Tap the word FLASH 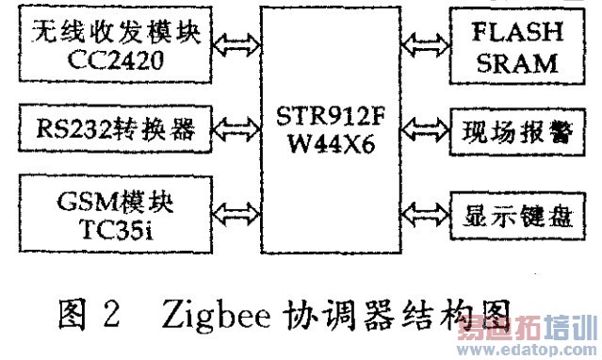pyautogui.click(x=516, y=31)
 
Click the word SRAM pyautogui.click(x=516, y=63)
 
